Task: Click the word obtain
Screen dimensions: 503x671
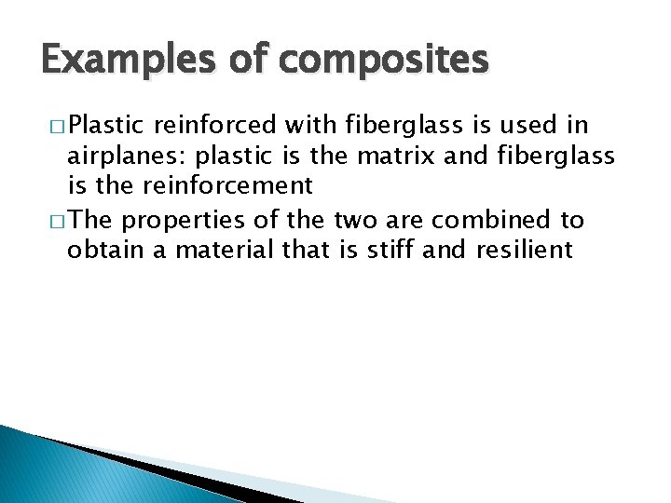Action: tap(101, 250)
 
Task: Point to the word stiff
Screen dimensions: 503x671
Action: tap(396, 250)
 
